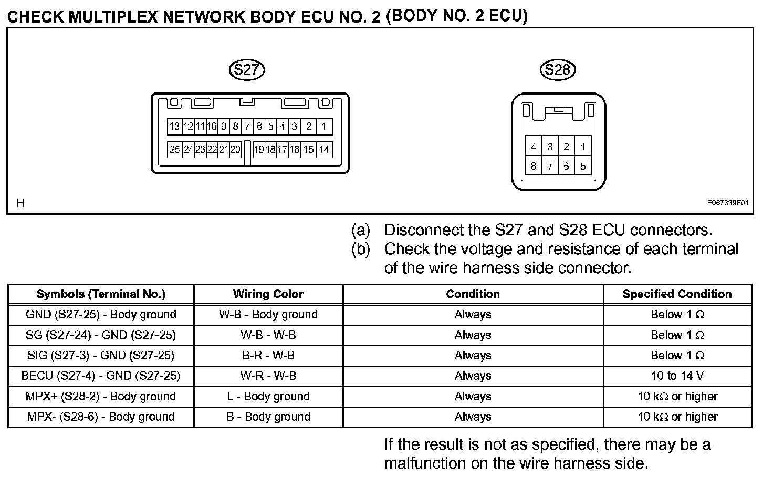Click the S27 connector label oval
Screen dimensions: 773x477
(x=247, y=70)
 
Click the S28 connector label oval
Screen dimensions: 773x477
(x=558, y=70)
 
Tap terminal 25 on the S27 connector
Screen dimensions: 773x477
(x=174, y=150)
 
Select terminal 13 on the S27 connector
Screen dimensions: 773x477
(x=174, y=126)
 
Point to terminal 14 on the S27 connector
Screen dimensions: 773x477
(x=324, y=150)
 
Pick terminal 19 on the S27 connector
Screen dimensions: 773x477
(x=258, y=150)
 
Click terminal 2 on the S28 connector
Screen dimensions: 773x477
(x=566, y=147)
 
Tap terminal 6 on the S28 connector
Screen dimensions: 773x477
(x=566, y=167)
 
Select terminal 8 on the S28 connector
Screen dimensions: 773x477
(x=534, y=167)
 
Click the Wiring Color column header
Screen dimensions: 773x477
(x=268, y=294)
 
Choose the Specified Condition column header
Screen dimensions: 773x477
(x=677, y=294)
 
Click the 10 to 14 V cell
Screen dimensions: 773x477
(x=677, y=376)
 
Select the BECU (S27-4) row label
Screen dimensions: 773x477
(x=101, y=376)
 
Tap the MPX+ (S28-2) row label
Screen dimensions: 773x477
(x=101, y=396)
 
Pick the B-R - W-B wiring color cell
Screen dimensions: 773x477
(x=268, y=355)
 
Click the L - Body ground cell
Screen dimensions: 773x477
(x=268, y=396)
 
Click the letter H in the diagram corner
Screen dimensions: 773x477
(x=20, y=203)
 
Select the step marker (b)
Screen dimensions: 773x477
(x=361, y=249)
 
